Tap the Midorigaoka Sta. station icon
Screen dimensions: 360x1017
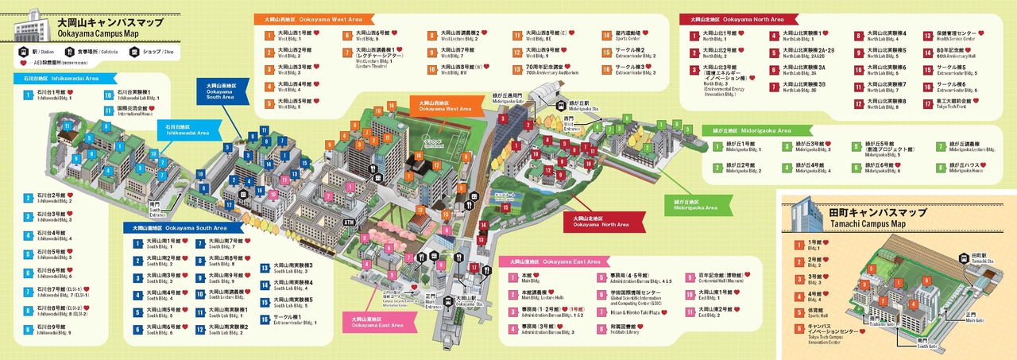coord(562,104)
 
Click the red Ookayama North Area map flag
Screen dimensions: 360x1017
coord(597,220)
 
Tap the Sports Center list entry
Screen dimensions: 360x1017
coord(633,36)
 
